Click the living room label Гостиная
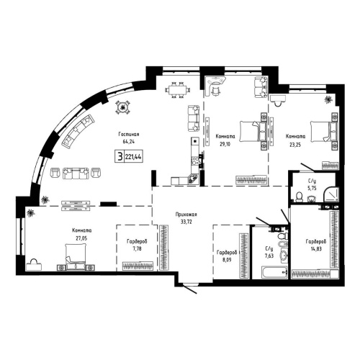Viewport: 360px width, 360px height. coord(129,135)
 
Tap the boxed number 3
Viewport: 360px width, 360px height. coord(117,154)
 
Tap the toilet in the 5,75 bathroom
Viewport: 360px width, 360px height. coord(299,195)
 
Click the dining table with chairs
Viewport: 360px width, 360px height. coord(176,90)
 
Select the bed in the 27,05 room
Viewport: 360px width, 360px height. coord(73,254)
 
